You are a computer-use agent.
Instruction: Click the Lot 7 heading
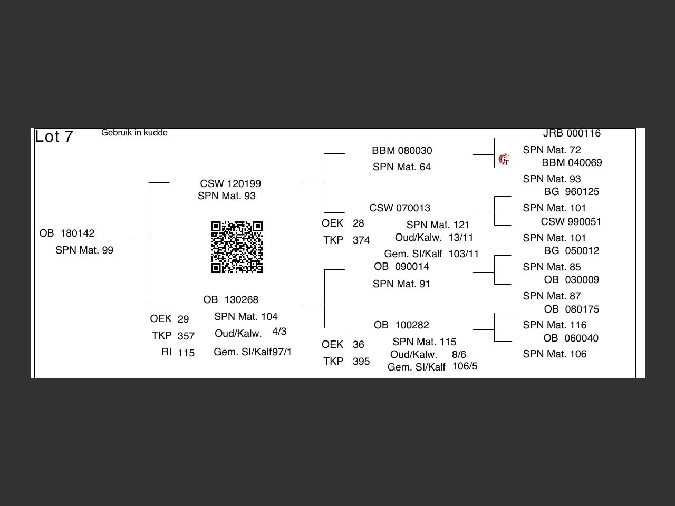click(54, 137)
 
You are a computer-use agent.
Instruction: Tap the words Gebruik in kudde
click(134, 133)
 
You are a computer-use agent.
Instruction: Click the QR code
click(237, 247)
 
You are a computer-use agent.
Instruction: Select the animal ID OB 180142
click(67, 233)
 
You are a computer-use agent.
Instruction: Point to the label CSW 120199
click(230, 183)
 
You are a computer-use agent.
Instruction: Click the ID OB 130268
click(231, 299)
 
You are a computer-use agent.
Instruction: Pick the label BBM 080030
click(402, 150)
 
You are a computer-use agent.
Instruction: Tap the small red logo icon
click(504, 159)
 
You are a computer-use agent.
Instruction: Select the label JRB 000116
click(572, 133)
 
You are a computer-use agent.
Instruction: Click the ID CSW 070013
click(400, 208)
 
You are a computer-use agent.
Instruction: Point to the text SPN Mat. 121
click(438, 225)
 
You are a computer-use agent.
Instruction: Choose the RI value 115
click(186, 353)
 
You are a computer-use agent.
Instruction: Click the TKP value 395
click(361, 361)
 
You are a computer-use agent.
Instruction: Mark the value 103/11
click(464, 254)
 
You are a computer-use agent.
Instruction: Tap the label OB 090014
click(401, 266)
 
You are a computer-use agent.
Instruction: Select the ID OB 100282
click(401, 325)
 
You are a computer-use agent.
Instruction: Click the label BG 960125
click(572, 191)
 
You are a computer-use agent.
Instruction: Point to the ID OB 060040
click(571, 338)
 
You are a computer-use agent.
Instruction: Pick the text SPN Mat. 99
click(84, 250)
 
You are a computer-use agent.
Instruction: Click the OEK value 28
click(359, 223)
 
